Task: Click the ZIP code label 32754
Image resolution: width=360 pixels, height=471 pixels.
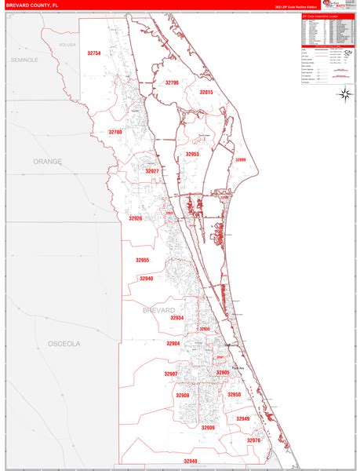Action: tap(94, 53)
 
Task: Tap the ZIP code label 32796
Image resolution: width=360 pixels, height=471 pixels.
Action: tap(172, 82)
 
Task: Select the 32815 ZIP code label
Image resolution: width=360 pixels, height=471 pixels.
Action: tap(206, 92)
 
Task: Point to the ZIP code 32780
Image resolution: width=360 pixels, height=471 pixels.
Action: tap(115, 132)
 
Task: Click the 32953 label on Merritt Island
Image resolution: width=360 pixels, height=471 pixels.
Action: tap(192, 155)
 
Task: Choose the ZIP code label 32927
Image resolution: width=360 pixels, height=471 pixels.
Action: tap(152, 171)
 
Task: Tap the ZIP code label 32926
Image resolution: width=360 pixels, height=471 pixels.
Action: tap(136, 218)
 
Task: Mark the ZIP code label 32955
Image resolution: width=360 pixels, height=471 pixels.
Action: tap(142, 260)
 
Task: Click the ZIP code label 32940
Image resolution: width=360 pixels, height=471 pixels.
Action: tap(146, 278)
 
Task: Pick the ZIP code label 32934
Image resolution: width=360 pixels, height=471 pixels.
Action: tap(176, 318)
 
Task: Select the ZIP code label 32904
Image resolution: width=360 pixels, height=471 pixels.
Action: tap(173, 344)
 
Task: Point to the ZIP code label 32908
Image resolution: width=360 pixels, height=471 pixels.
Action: tap(183, 396)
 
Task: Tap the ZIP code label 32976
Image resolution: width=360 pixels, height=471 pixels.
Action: tap(253, 440)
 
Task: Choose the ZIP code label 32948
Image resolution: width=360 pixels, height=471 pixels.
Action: tap(191, 461)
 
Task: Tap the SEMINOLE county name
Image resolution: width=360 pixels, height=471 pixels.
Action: tap(24, 60)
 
